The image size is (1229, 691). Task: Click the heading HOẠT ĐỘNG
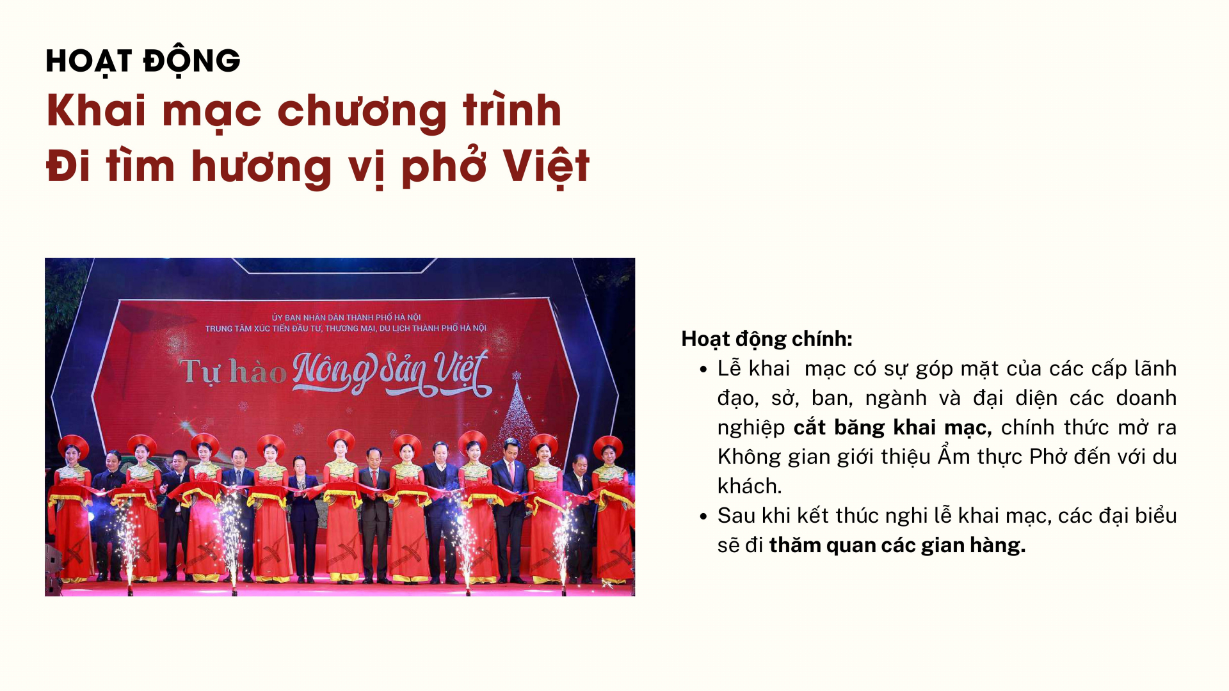(x=143, y=61)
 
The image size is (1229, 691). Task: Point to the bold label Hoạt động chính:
(x=767, y=339)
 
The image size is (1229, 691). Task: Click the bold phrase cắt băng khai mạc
(x=892, y=427)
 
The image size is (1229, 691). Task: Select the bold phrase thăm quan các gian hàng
(x=897, y=545)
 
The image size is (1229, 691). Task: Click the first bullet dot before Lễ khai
(x=703, y=369)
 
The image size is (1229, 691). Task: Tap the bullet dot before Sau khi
(x=703, y=516)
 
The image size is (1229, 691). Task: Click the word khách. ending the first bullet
(x=750, y=486)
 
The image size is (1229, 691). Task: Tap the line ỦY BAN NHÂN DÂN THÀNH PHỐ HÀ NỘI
(x=346, y=317)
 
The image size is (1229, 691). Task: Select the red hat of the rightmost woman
(x=608, y=445)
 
